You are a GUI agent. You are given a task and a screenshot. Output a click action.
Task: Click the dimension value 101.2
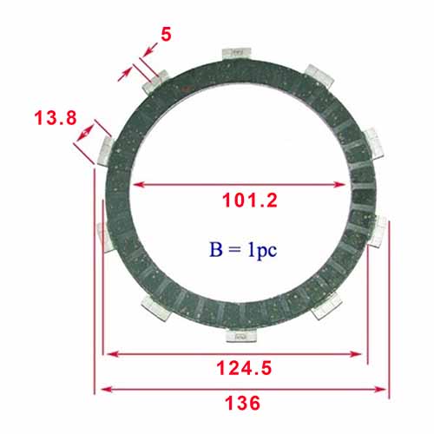pyautogui.click(x=250, y=201)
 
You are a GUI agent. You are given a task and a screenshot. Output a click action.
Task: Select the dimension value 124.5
pyautogui.click(x=244, y=368)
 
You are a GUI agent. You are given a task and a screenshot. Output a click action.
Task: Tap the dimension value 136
pyautogui.click(x=242, y=403)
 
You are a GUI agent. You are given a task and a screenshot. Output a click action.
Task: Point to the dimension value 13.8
pyautogui.click(x=56, y=118)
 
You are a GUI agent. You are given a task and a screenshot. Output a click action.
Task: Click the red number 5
pyautogui.click(x=166, y=35)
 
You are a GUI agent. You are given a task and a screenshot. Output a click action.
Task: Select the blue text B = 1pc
pyautogui.click(x=243, y=249)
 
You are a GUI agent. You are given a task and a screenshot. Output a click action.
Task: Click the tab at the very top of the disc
pyautogui.click(x=237, y=54)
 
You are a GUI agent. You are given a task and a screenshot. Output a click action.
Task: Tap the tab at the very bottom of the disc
pyautogui.click(x=241, y=336)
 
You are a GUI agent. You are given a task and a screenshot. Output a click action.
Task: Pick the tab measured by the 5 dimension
pyautogui.click(x=156, y=82)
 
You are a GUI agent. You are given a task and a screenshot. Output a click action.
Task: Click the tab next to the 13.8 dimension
pyautogui.click(x=106, y=151)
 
